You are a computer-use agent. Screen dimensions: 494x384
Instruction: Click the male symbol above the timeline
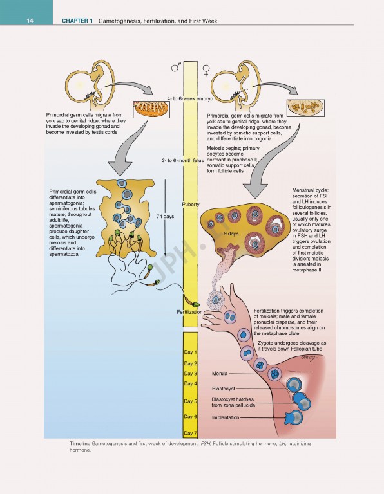coord(176,66)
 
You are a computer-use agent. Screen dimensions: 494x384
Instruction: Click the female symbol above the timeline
coord(206,67)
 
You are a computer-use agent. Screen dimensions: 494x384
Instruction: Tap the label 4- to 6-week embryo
coord(190,98)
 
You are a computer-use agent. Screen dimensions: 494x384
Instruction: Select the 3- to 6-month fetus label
coord(182,160)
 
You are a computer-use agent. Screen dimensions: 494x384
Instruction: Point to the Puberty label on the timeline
coord(191,204)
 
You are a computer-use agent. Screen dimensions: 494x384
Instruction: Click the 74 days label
coord(165,217)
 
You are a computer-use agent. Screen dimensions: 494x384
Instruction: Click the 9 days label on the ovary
coord(231,233)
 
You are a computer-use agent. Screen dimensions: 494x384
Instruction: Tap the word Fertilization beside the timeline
coord(189,311)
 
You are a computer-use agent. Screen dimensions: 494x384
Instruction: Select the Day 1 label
coord(190,352)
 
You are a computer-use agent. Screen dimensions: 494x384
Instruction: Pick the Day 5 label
coord(190,401)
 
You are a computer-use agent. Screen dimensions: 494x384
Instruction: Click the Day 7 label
coord(190,434)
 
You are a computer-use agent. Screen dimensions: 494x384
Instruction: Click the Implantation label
coord(226,417)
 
